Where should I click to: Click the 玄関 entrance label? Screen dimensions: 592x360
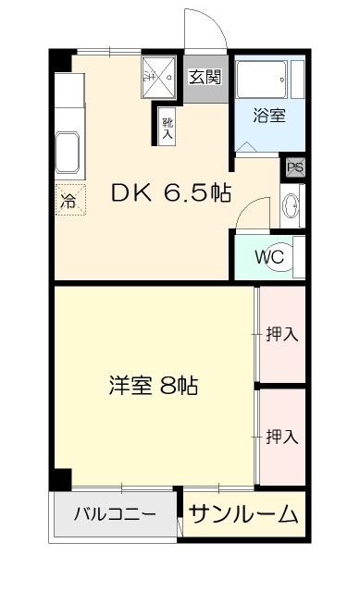click(x=205, y=78)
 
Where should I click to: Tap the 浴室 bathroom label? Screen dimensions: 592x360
click(x=269, y=116)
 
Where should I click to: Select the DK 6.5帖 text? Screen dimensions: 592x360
click(x=171, y=193)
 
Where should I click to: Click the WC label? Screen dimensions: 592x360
click(x=269, y=255)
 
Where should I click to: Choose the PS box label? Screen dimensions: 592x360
click(x=294, y=167)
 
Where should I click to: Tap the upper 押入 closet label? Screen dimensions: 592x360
click(x=281, y=335)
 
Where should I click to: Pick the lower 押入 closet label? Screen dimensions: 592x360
click(x=281, y=434)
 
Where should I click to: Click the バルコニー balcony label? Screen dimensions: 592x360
click(x=115, y=514)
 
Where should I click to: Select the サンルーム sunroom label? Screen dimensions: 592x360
click(x=245, y=514)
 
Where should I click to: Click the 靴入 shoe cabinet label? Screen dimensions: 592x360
click(x=168, y=128)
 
